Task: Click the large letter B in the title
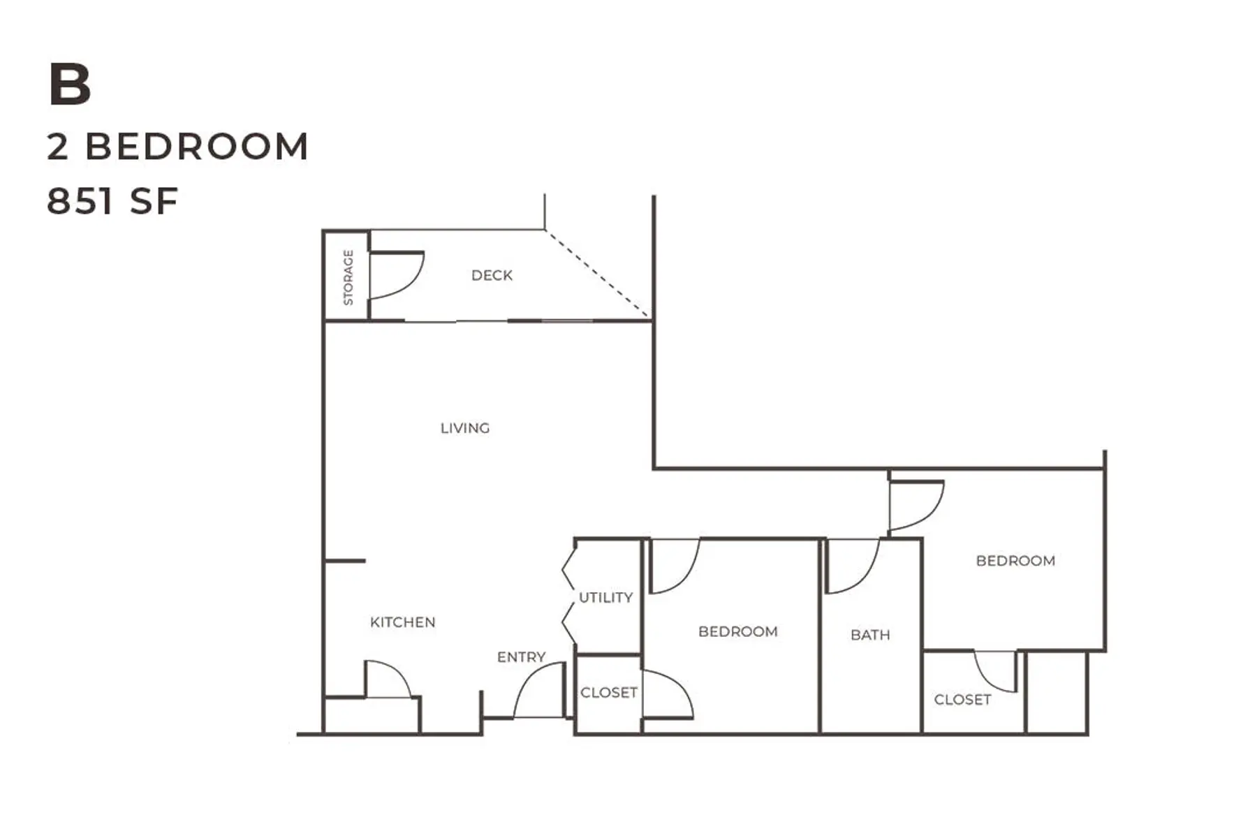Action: [70, 84]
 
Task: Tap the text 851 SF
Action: [112, 201]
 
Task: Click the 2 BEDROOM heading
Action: [177, 147]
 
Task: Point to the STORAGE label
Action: [348, 277]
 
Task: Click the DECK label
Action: [492, 275]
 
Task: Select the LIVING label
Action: [465, 428]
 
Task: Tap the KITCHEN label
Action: [402, 622]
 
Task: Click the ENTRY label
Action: [521, 657]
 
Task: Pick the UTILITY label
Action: [605, 598]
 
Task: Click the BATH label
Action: [870, 635]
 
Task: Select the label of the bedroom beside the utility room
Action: [737, 631]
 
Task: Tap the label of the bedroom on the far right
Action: [1015, 561]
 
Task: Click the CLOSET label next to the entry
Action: [608, 692]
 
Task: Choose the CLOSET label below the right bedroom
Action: [962, 700]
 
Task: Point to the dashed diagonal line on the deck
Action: [598, 274]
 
